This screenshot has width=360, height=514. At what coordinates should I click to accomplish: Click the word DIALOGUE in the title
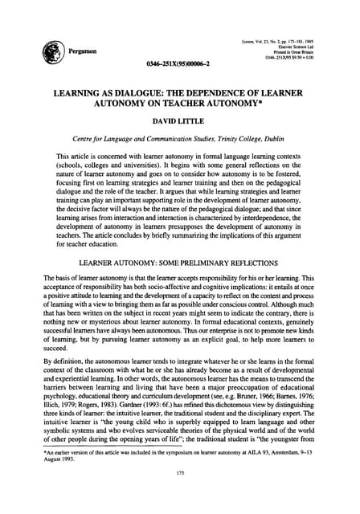(x=146, y=94)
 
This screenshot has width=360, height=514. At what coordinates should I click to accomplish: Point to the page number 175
(x=180, y=495)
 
